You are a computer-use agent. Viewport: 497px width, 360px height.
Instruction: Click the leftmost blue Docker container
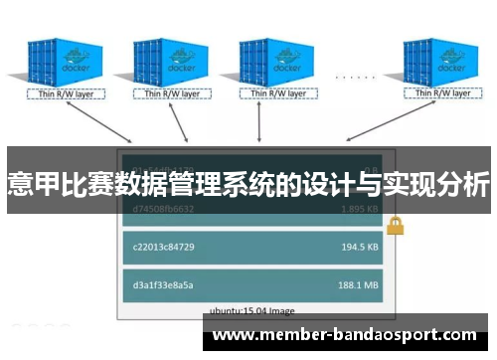click(59, 63)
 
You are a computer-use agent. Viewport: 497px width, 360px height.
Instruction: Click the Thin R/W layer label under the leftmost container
click(57, 96)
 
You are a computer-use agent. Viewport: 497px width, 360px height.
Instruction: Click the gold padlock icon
click(395, 225)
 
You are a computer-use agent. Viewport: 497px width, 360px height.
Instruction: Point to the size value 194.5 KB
click(358, 246)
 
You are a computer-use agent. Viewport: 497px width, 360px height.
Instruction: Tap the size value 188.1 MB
click(358, 284)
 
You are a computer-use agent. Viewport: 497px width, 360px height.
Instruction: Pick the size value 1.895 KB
click(358, 210)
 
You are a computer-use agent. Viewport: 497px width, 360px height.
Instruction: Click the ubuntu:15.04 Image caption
click(253, 309)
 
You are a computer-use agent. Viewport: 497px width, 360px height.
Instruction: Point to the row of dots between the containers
click(354, 77)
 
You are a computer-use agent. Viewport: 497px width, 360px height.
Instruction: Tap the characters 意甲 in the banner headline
click(31, 184)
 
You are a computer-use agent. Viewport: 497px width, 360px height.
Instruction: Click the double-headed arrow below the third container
click(259, 124)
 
